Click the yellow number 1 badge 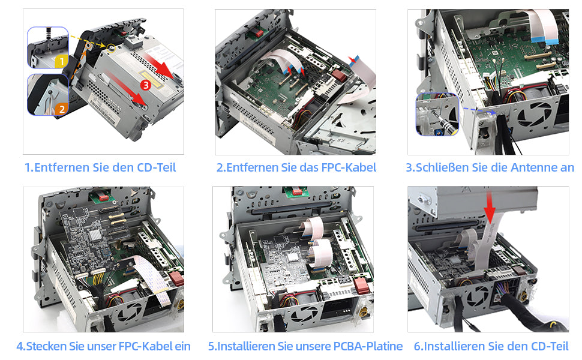(61, 61)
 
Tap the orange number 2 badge (62, 109)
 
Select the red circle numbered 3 (146, 85)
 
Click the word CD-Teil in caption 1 (157, 167)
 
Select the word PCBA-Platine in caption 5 (368, 346)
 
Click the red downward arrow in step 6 (490, 207)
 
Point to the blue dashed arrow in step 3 (479, 110)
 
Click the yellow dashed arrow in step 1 (88, 41)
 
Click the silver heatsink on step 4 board (95, 235)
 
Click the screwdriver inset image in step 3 (437, 115)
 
